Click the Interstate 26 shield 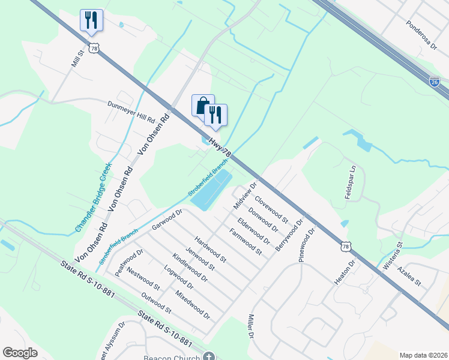click(x=435, y=82)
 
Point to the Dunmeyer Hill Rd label click(x=131, y=112)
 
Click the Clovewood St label click(x=272, y=208)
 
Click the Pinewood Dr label click(x=307, y=244)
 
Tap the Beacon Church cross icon click(x=209, y=356)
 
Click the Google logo click(x=20, y=353)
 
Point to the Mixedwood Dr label click(x=192, y=305)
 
